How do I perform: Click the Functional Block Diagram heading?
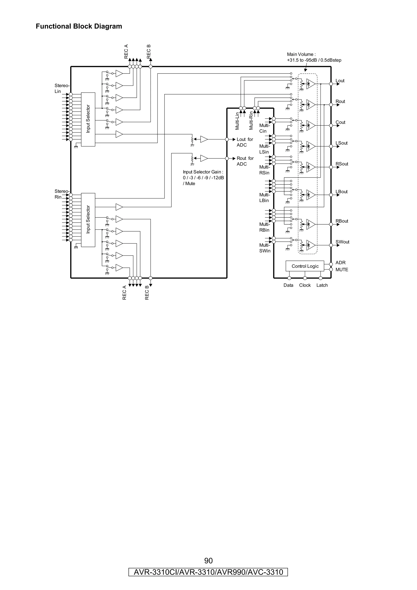tap(79, 26)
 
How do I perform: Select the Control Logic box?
tap(305, 266)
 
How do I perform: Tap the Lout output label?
tap(340, 81)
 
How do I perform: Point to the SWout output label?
tap(342, 242)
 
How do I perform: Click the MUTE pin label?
tap(342, 270)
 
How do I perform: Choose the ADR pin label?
tap(340, 263)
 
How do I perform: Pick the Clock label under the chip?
tap(305, 285)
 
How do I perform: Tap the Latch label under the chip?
tap(322, 285)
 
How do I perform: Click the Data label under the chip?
tap(288, 285)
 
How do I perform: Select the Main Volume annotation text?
tap(314, 57)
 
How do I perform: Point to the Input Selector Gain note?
tap(203, 178)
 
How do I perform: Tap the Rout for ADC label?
tap(245, 161)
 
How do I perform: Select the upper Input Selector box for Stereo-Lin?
tap(88, 119)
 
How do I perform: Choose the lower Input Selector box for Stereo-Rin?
tap(88, 220)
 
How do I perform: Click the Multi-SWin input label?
tap(265, 248)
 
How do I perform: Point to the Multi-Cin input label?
tap(264, 128)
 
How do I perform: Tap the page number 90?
tap(208, 560)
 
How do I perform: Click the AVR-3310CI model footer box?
tap(208, 572)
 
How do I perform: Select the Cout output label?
tap(340, 122)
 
